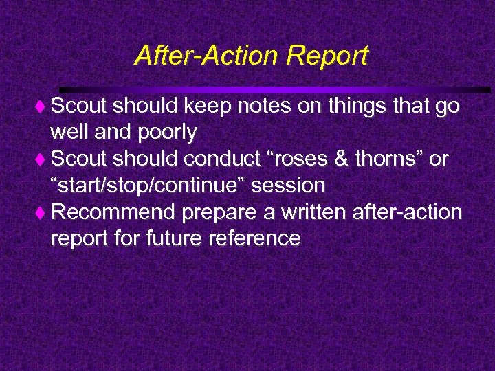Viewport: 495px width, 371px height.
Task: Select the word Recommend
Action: [x=114, y=212]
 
